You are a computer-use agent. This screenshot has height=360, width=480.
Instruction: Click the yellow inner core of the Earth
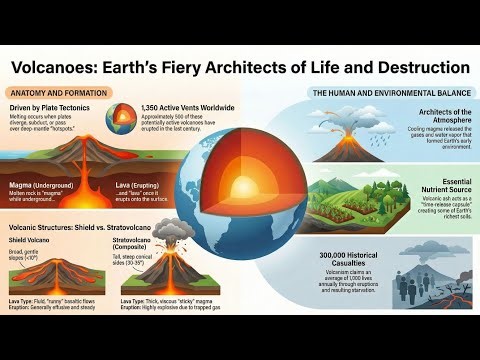pos(239,185)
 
